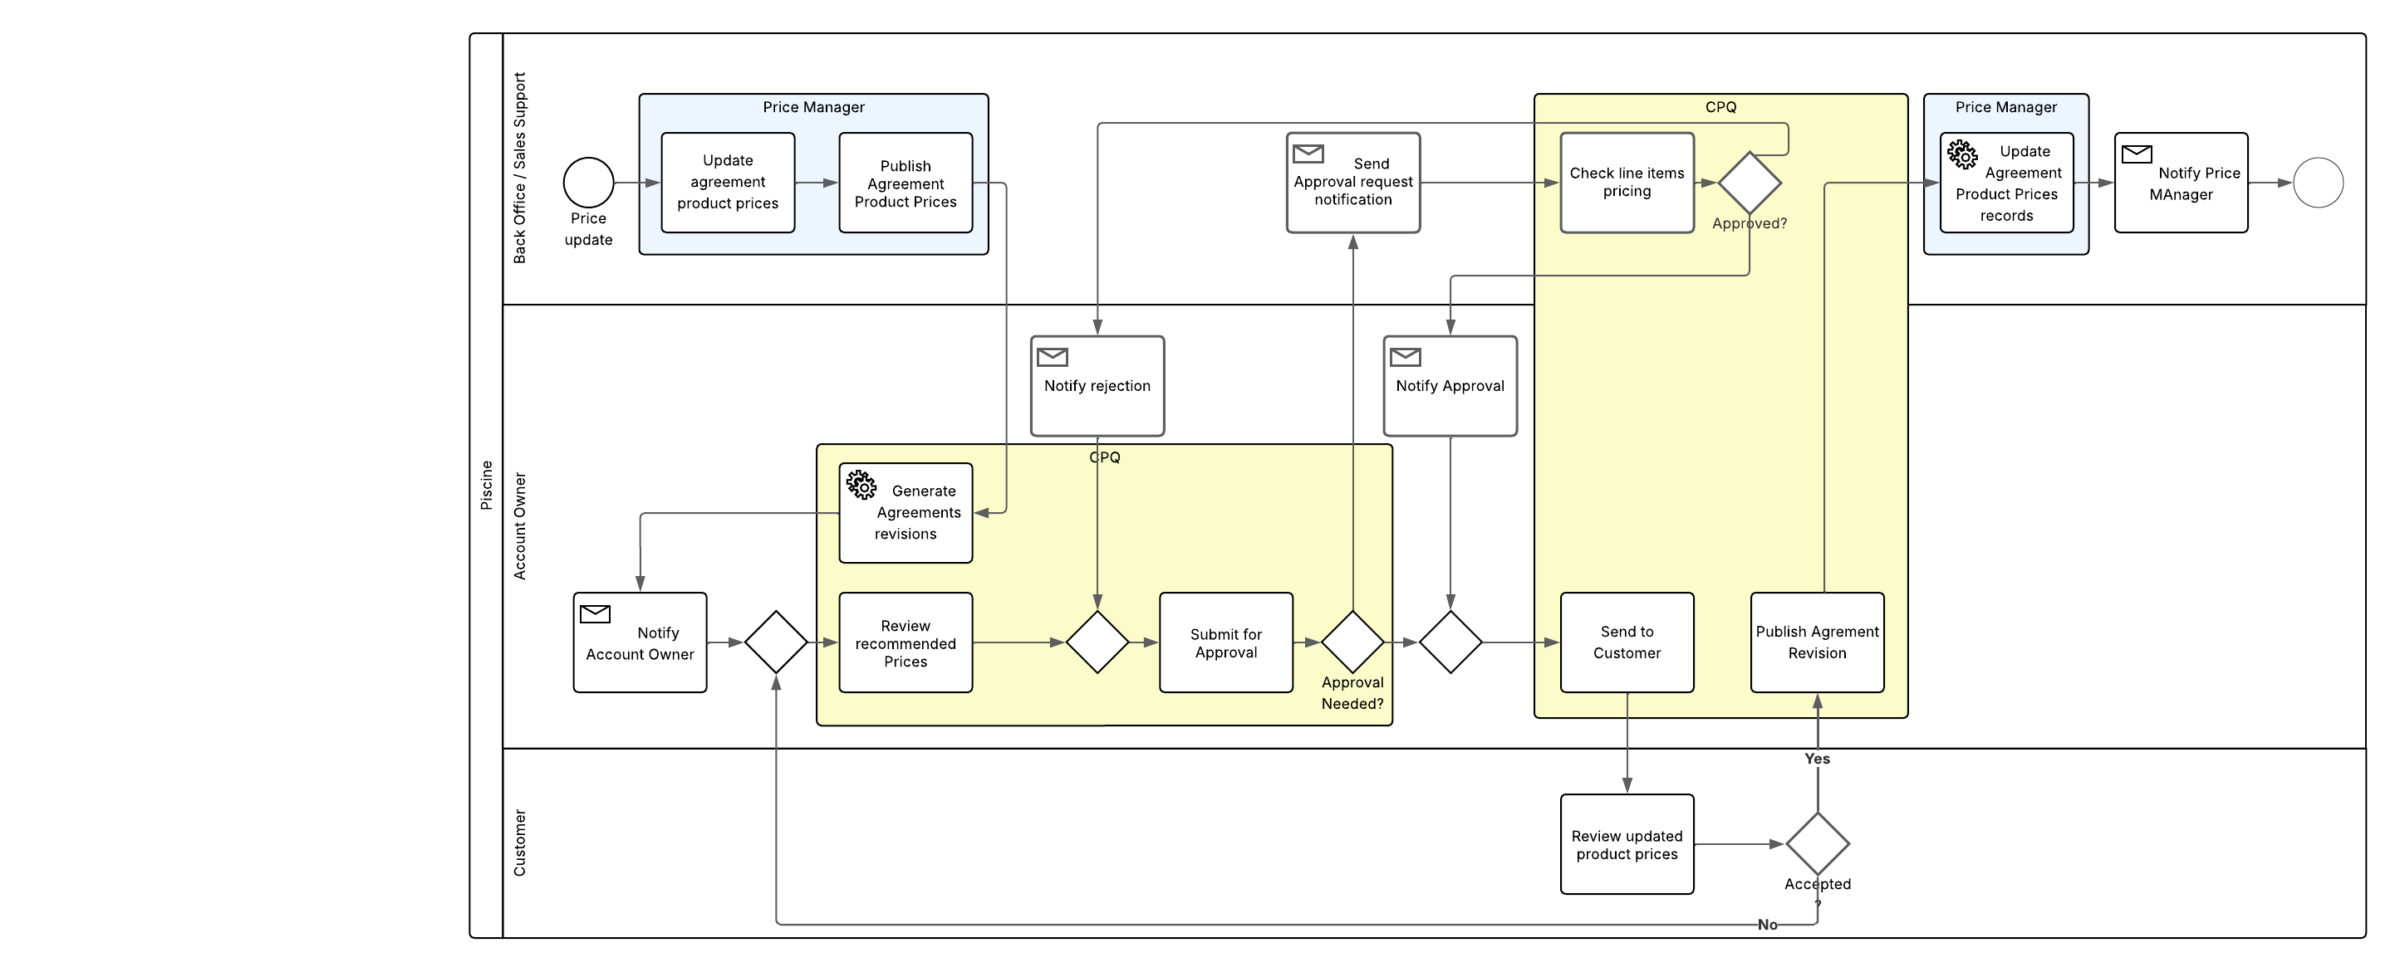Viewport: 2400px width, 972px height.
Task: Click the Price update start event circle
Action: tap(588, 183)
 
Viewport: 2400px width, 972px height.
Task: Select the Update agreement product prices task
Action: tap(728, 183)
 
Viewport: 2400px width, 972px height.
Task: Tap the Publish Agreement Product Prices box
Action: tap(906, 183)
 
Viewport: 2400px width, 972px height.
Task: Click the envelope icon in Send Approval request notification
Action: tap(1308, 154)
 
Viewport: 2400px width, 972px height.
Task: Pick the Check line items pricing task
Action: tap(1627, 183)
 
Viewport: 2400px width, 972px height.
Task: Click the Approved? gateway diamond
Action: tap(1749, 183)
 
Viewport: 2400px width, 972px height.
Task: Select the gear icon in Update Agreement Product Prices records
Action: tap(1962, 154)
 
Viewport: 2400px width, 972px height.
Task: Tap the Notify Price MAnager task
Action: tap(2180, 183)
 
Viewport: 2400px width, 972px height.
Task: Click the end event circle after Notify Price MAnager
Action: tap(2317, 183)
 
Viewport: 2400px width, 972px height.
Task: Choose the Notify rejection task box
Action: tap(1097, 385)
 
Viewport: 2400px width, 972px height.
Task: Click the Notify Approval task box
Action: tap(1450, 385)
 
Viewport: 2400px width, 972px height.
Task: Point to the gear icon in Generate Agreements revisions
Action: tap(861, 485)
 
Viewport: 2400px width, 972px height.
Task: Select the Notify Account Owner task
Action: tap(639, 642)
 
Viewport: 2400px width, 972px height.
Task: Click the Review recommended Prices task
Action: tap(906, 642)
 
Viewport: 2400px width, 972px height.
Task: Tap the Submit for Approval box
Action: tap(1225, 642)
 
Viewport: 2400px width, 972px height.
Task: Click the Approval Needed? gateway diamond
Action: tap(1352, 642)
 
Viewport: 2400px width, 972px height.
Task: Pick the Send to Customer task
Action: tap(1627, 642)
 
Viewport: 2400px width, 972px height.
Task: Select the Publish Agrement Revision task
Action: tap(1817, 642)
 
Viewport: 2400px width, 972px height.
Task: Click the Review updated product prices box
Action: tap(1627, 844)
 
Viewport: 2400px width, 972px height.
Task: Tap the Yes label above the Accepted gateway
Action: tap(1817, 759)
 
